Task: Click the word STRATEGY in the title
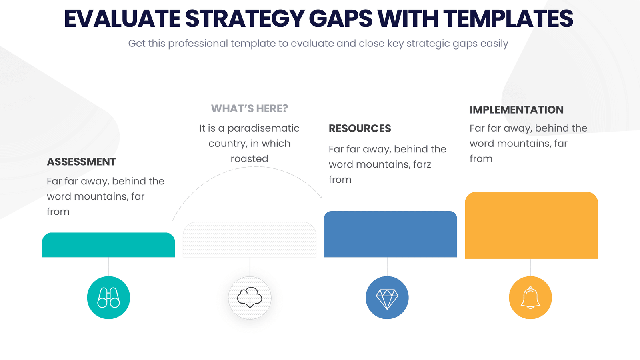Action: click(x=244, y=19)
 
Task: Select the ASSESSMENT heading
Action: click(x=82, y=162)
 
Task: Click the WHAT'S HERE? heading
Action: click(x=250, y=108)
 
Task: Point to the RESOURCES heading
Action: click(x=360, y=128)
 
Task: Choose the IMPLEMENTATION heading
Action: click(x=516, y=110)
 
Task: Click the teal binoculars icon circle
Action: click(x=108, y=298)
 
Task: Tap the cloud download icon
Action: click(x=250, y=298)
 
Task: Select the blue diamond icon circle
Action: click(x=387, y=298)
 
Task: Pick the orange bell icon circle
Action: click(x=530, y=298)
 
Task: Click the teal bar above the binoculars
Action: click(x=108, y=245)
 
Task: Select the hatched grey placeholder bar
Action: click(x=250, y=240)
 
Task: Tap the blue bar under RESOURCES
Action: click(x=390, y=234)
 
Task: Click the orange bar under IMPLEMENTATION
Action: click(x=531, y=225)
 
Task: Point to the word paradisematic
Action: click(x=263, y=128)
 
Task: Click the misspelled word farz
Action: click(x=422, y=164)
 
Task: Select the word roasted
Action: click(x=250, y=159)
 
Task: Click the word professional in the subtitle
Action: click(x=198, y=44)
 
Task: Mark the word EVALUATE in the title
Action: click(x=122, y=19)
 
